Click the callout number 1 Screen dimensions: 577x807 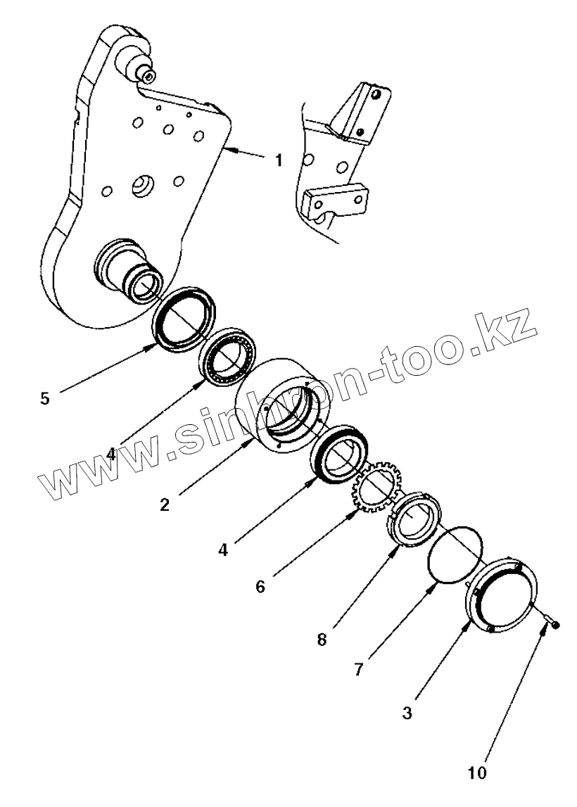pyautogui.click(x=279, y=161)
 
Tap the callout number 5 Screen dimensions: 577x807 pyautogui.click(x=45, y=398)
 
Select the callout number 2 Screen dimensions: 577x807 pyautogui.click(x=164, y=504)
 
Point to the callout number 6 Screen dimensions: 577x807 pyautogui.click(x=260, y=585)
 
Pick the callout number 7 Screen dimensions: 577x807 pyautogui.click(x=358, y=668)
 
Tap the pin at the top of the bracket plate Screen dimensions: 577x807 pyautogui.click(x=145, y=71)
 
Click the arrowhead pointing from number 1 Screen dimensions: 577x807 pyautogui.click(x=229, y=149)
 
